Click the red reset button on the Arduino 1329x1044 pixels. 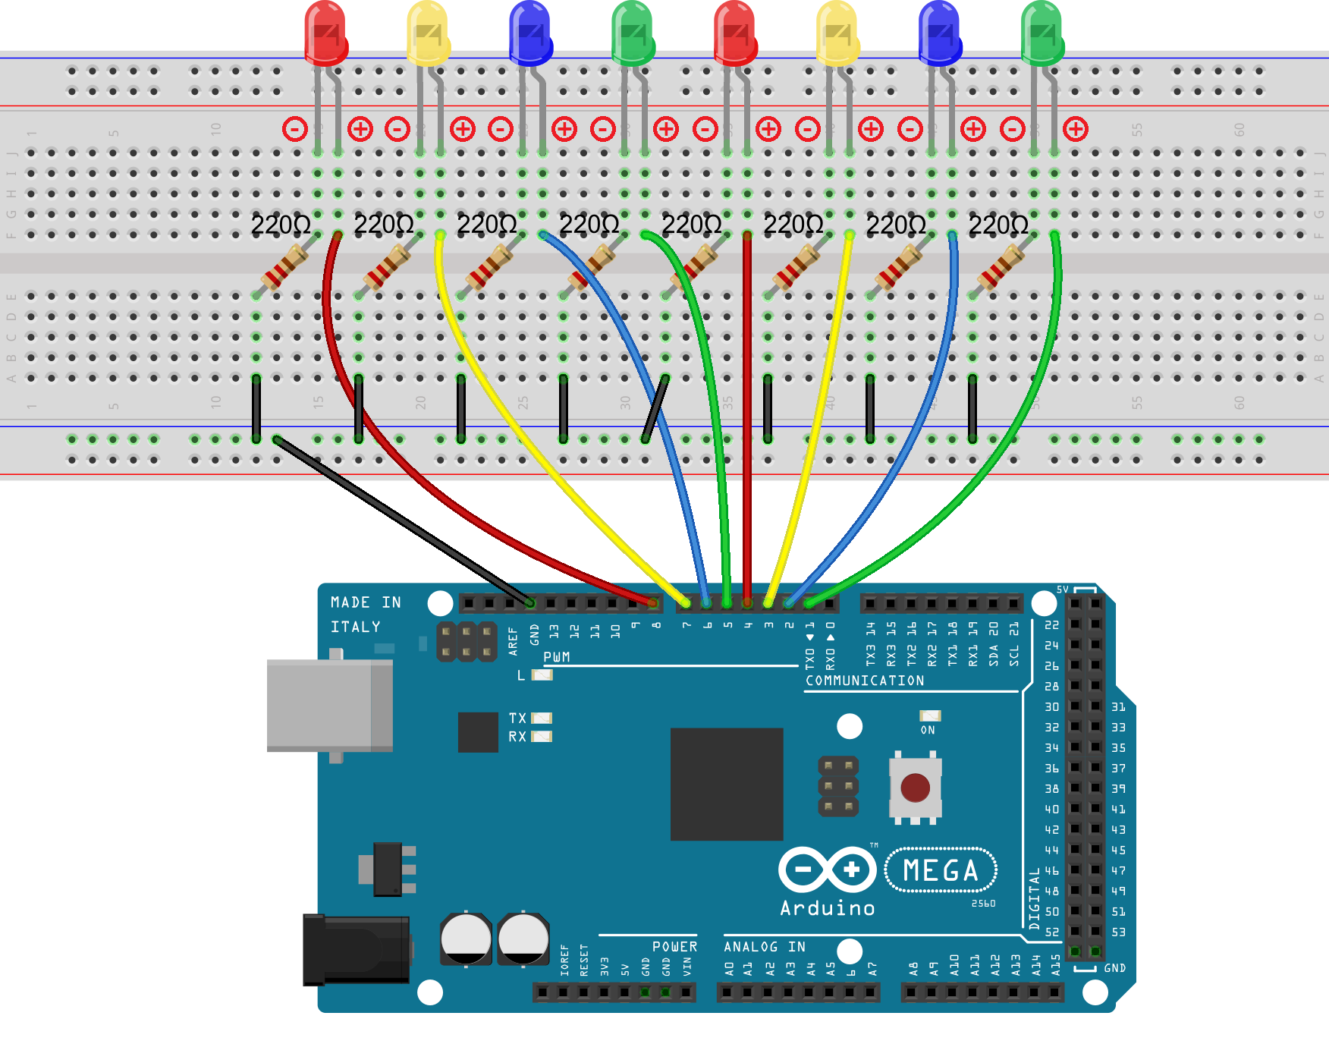tap(915, 788)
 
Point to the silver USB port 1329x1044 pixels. tap(329, 706)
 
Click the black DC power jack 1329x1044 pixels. tap(356, 949)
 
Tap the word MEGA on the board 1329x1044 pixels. tap(941, 870)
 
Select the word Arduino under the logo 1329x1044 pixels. tap(827, 908)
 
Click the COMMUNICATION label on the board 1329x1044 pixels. tap(865, 681)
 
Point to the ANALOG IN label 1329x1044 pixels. tap(764, 947)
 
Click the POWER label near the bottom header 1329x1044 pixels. tap(674, 947)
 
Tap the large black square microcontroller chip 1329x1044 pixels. tap(726, 784)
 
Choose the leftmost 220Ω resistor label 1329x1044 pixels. tap(281, 225)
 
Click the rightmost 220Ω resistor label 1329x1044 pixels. tap(998, 225)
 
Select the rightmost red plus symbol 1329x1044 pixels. tap(1075, 129)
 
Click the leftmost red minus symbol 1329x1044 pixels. tap(294, 129)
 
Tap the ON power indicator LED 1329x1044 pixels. tap(929, 715)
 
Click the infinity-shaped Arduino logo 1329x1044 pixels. tap(827, 869)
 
